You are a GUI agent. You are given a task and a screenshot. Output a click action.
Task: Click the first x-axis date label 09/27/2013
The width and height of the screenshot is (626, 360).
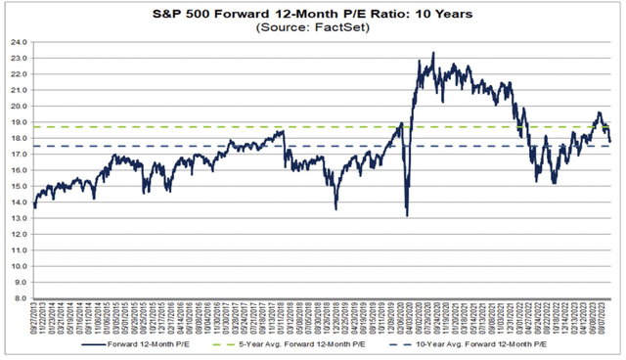35,320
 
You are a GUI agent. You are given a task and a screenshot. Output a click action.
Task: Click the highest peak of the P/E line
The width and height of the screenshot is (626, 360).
433,54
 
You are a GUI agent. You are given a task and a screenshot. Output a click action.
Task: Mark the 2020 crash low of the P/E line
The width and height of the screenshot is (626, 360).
406,216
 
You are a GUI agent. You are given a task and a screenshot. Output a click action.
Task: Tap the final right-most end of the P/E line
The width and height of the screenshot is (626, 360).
610,143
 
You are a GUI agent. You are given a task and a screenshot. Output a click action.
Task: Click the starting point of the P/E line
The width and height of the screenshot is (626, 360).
34,206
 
